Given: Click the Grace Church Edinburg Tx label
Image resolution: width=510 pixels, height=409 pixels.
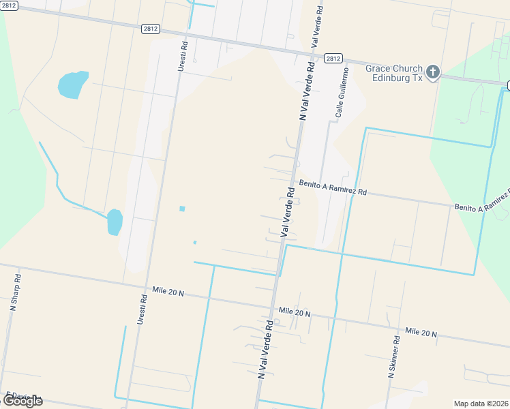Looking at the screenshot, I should tap(394, 73).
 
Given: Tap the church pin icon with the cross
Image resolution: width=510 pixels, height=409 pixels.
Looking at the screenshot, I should tap(434, 72).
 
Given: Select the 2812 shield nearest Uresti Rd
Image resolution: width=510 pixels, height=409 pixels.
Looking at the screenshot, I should tap(151, 29).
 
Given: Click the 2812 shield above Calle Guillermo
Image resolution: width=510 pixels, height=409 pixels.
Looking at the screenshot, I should tap(333, 59).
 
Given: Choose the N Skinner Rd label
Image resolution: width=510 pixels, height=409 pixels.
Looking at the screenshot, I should tap(395, 357).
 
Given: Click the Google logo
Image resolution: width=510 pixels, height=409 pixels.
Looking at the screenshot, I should tap(22, 401).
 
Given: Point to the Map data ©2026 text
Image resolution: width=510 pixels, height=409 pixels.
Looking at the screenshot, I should tap(481, 404).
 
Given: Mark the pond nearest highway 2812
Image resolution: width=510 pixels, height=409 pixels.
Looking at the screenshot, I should tap(73, 84).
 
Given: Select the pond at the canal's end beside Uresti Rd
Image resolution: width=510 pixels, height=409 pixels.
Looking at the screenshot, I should tap(115, 222).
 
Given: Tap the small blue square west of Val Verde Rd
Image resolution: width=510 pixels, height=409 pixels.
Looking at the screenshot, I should tap(182, 209).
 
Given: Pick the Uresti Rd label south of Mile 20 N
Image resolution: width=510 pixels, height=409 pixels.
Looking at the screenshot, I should tap(142, 309).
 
